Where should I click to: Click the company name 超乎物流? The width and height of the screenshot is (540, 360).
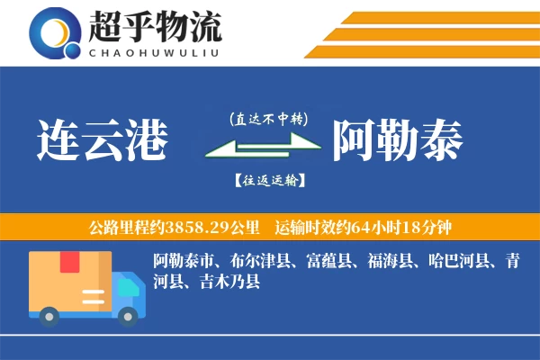point(155,28)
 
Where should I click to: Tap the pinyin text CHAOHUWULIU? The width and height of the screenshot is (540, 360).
point(155,51)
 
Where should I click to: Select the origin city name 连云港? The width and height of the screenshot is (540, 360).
point(103,140)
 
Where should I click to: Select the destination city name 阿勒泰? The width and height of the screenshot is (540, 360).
point(398,140)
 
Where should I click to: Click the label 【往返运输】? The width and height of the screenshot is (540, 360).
point(268,180)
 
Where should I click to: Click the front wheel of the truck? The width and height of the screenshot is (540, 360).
point(130,314)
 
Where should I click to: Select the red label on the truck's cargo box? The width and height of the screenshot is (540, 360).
point(70,262)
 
